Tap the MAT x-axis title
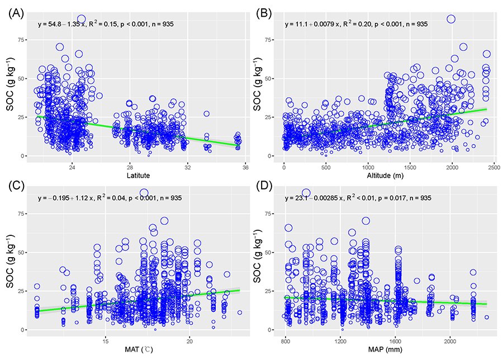pyautogui.click(x=137, y=350)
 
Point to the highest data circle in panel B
pyautogui.click(x=451, y=19)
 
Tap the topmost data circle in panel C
pyautogui.click(x=144, y=193)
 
